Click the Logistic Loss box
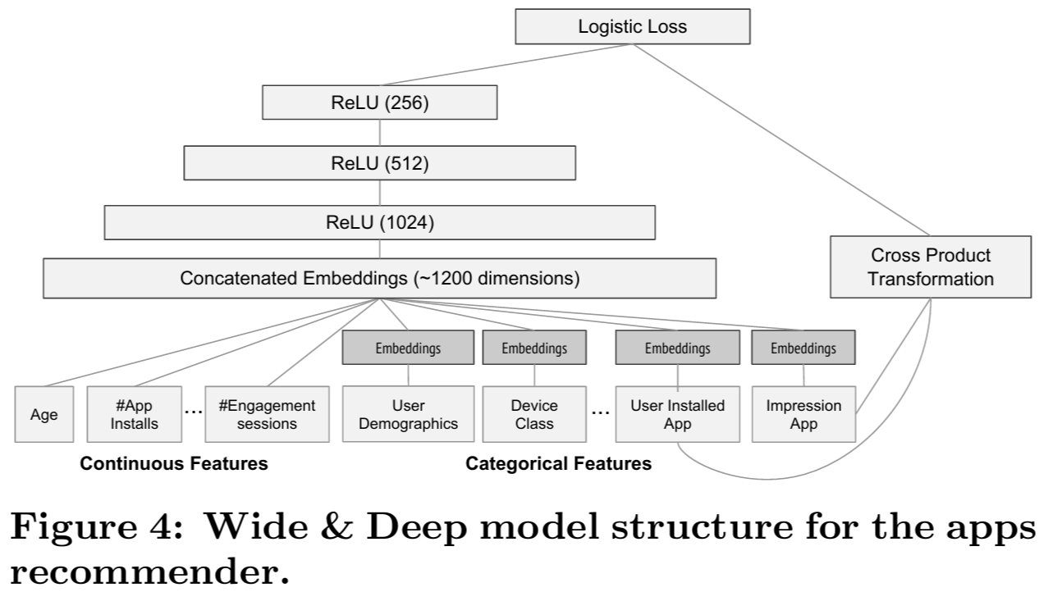click(x=632, y=27)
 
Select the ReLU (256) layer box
click(x=379, y=103)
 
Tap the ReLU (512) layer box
click(x=379, y=163)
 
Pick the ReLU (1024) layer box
click(x=379, y=221)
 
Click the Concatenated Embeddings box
click(x=379, y=279)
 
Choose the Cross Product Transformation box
click(x=930, y=267)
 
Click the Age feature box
click(x=43, y=415)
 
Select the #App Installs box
click(x=134, y=415)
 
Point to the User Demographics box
click(x=408, y=415)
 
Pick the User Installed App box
click(x=678, y=415)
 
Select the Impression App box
click(x=803, y=415)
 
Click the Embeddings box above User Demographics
click(x=408, y=348)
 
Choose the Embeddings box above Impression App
click(x=803, y=348)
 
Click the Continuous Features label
click(x=173, y=464)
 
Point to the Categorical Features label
click(x=558, y=464)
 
